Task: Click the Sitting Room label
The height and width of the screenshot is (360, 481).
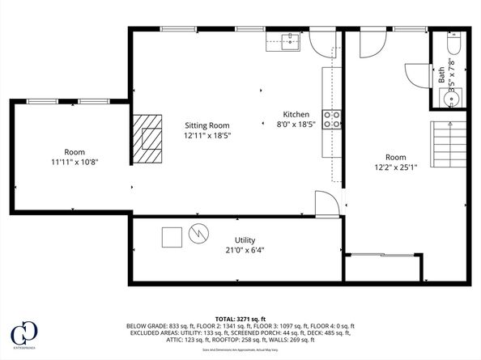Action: pyautogui.click(x=207, y=125)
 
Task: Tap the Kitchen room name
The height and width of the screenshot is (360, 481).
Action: pyautogui.click(x=295, y=114)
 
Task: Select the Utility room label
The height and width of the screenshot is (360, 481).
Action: pyautogui.click(x=246, y=240)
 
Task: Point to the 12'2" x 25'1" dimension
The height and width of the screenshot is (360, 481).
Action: pyautogui.click(x=395, y=168)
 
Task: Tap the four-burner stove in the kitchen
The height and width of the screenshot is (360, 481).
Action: pyautogui.click(x=332, y=120)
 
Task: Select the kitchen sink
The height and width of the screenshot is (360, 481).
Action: pyautogui.click(x=291, y=42)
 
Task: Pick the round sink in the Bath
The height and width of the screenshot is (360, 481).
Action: pyautogui.click(x=452, y=99)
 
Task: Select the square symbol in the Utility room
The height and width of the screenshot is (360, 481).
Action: pyautogui.click(x=172, y=238)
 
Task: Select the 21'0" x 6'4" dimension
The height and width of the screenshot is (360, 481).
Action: pyautogui.click(x=246, y=250)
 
